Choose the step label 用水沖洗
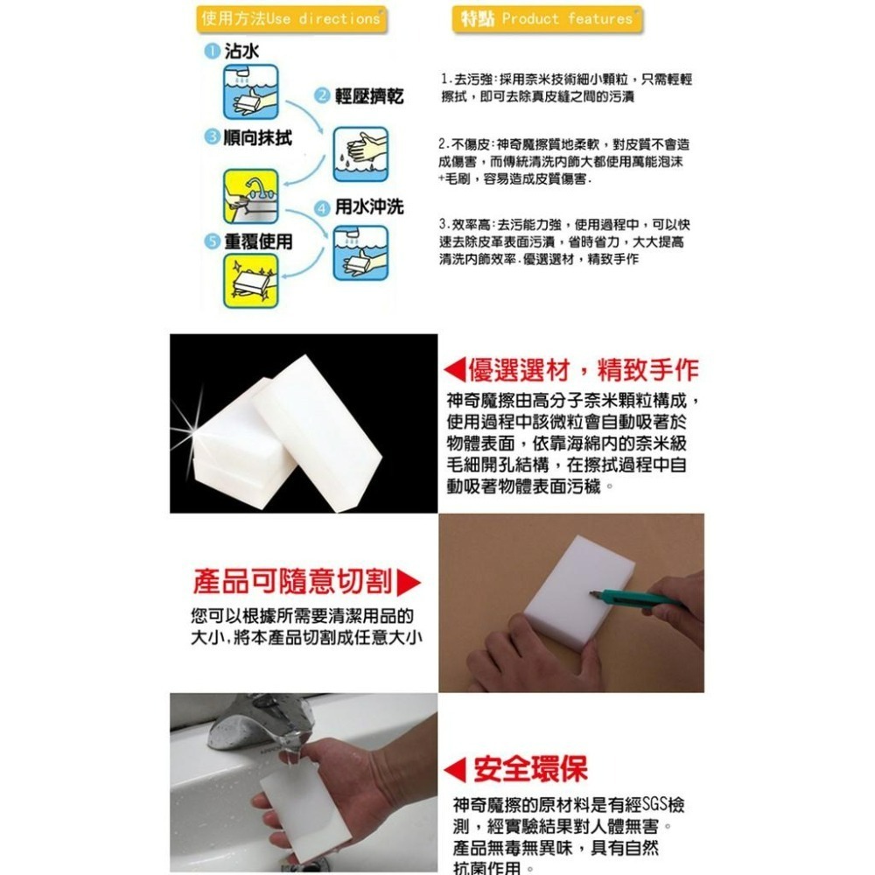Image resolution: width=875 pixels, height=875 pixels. point(368,207)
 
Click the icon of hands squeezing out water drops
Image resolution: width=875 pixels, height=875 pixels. point(360,154)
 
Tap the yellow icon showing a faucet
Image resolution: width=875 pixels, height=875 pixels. point(251,195)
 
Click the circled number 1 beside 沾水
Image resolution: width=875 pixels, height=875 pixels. point(209,52)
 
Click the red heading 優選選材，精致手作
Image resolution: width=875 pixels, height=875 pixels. point(583,369)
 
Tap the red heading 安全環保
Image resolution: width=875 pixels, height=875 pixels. point(530,769)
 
